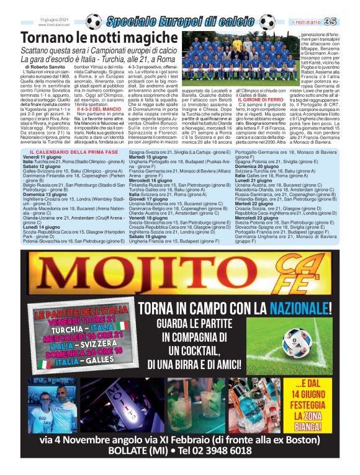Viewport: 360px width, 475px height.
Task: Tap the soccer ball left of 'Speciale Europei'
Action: coord(94,22)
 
